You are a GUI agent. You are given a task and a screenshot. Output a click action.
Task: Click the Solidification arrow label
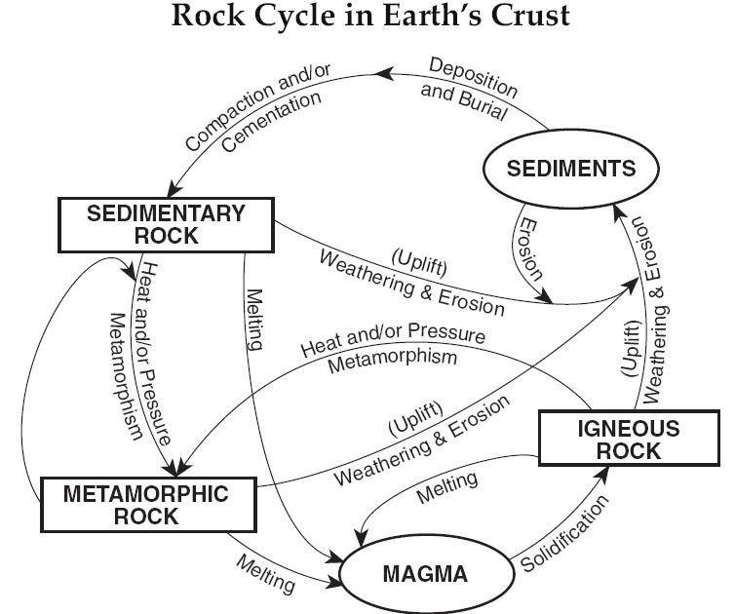pos(565,535)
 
